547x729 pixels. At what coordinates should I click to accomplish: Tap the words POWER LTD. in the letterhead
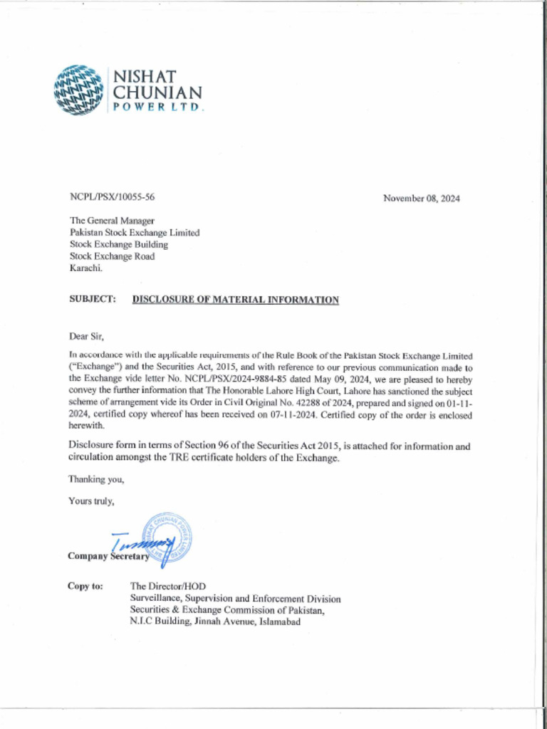[x=156, y=108]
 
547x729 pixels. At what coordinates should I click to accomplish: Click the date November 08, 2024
[x=421, y=198]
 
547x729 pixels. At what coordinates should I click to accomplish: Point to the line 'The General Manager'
[x=112, y=221]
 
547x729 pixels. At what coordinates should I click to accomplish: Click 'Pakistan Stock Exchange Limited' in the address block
[x=134, y=232]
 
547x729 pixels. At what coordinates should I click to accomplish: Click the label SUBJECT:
[x=92, y=299]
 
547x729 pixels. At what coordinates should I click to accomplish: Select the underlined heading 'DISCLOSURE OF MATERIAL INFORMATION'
[x=235, y=300]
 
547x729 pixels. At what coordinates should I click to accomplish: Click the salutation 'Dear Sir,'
[x=86, y=335]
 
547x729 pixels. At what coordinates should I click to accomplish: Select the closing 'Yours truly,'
[x=91, y=501]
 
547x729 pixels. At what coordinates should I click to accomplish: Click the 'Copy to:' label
[x=85, y=586]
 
